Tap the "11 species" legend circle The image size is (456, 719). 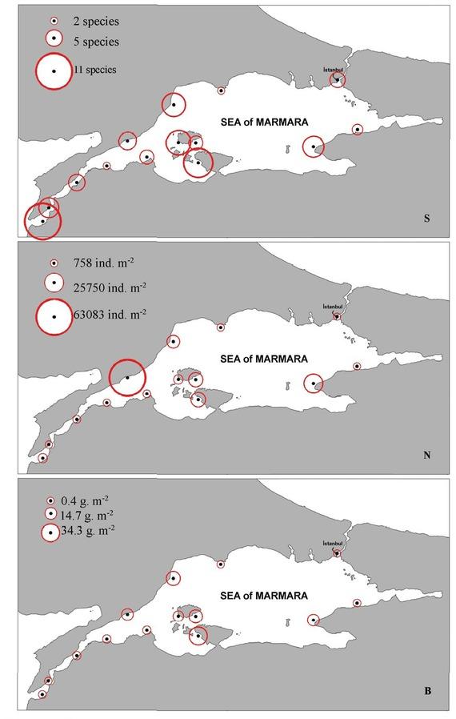[54, 70]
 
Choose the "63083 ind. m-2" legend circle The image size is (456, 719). [54, 317]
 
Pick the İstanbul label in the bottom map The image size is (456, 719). [333, 544]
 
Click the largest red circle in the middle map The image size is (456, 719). [127, 377]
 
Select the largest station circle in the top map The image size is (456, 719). [42, 221]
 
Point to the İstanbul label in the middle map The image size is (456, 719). [333, 307]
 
